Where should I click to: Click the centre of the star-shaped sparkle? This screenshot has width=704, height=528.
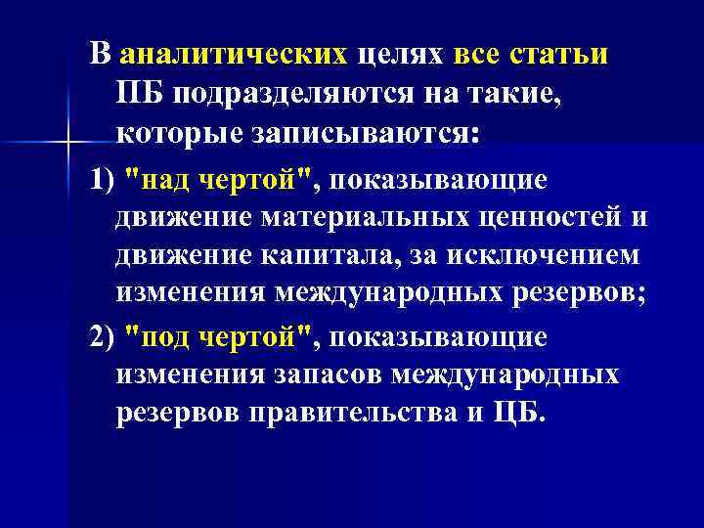click(x=67, y=144)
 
